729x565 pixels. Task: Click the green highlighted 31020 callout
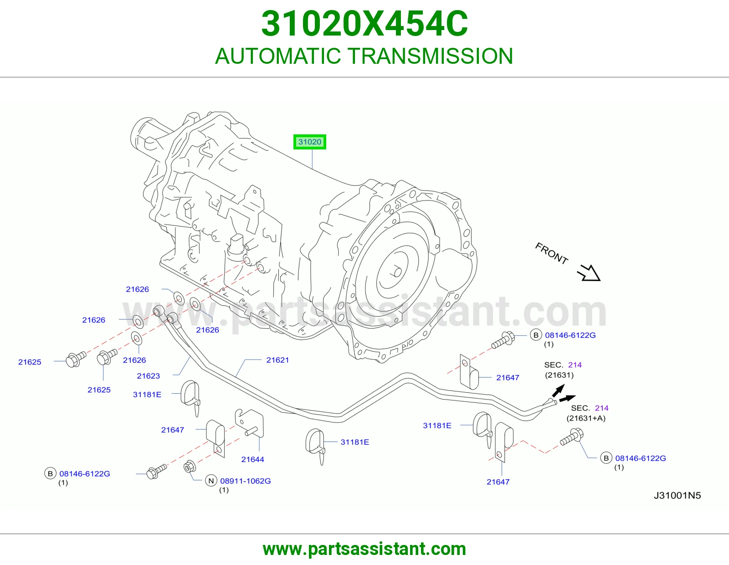[x=310, y=142]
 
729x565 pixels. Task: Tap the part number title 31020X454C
[x=364, y=24]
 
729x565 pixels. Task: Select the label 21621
[x=277, y=360]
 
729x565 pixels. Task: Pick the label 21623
[x=148, y=376]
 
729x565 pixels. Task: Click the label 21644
[x=252, y=460]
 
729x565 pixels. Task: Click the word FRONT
[x=551, y=253]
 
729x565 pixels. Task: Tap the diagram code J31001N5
[x=678, y=496]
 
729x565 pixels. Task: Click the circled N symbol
[x=211, y=481]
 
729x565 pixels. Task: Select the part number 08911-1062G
[x=245, y=481]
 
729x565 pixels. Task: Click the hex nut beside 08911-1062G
[x=190, y=467]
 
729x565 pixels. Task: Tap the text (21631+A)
[x=586, y=418]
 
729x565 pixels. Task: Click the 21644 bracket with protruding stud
[x=250, y=423]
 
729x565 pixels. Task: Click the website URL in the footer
[x=364, y=549]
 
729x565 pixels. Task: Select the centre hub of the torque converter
[x=397, y=272]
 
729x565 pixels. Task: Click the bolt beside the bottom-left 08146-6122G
[x=157, y=472]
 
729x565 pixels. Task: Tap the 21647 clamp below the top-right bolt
[x=469, y=372]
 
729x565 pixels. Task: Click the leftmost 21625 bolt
[x=76, y=360]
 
